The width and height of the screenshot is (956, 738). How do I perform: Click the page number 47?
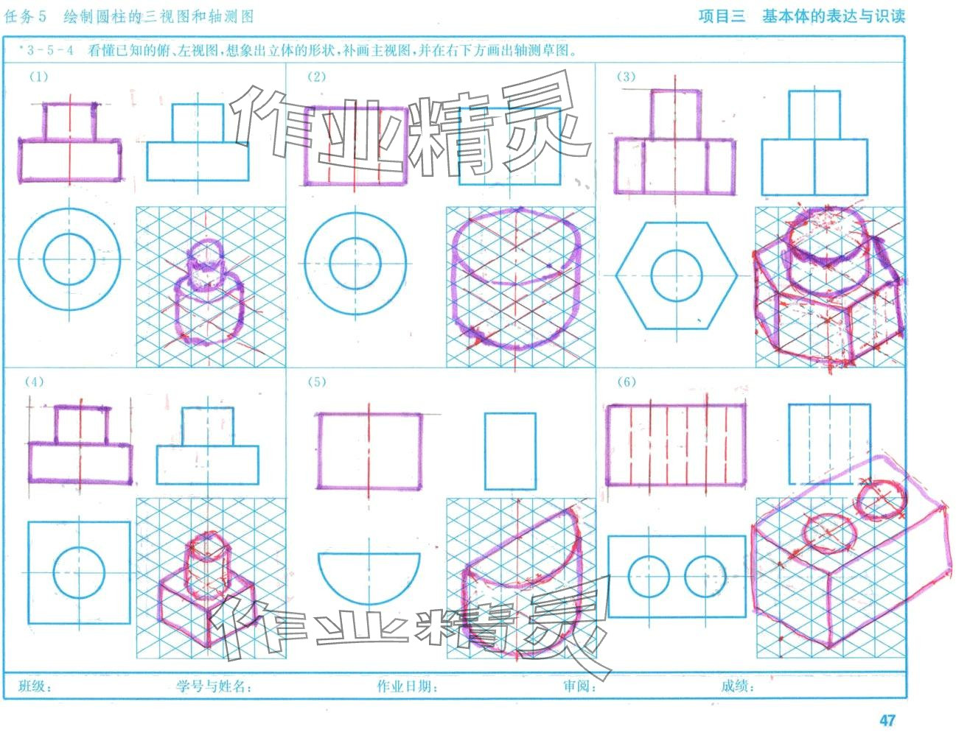(x=887, y=720)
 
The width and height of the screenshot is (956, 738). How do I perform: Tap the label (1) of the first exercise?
(x=39, y=77)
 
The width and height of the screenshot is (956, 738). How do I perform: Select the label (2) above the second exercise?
(x=317, y=77)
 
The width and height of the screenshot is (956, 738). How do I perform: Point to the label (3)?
(x=626, y=77)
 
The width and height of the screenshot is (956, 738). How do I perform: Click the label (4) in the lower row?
(x=35, y=382)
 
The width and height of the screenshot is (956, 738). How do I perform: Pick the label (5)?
(x=317, y=382)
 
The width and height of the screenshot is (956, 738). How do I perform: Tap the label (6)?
(x=627, y=382)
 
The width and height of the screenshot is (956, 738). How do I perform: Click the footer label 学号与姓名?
(x=214, y=686)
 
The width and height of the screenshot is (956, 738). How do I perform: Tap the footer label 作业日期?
(x=408, y=686)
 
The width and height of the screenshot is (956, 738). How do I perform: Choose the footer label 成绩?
(x=737, y=686)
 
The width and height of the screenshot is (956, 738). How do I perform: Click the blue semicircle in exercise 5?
(x=369, y=602)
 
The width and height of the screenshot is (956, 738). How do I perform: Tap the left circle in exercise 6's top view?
(x=629, y=576)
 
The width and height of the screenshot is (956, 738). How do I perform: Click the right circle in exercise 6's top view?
(x=685, y=576)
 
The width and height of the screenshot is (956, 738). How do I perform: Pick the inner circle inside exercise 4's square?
(x=54, y=573)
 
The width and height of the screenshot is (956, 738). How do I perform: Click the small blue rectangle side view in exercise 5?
(x=485, y=451)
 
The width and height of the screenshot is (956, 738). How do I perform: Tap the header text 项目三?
(x=722, y=16)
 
